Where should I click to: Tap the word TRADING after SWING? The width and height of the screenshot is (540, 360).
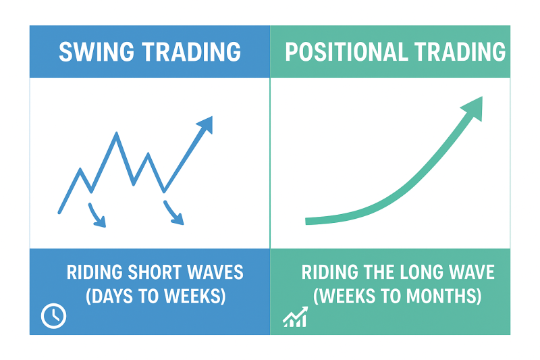(192, 52)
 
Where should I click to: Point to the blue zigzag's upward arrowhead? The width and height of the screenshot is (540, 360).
(206, 124)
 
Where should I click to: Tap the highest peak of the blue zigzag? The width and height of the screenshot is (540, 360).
(117, 133)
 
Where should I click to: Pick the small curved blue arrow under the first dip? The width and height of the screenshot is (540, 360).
(97, 215)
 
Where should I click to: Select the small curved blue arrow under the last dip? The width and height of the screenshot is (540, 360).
(173, 213)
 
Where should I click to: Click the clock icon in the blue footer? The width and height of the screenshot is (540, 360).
(54, 316)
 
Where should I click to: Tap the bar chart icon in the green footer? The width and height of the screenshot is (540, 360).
(295, 317)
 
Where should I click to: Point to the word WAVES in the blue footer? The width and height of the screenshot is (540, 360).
(215, 272)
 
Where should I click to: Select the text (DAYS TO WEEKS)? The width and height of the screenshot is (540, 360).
(156, 297)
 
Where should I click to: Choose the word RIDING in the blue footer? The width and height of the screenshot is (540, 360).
(94, 272)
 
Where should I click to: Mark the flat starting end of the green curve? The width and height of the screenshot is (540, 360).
(306, 221)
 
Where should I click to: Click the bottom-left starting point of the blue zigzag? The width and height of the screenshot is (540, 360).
(59, 213)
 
